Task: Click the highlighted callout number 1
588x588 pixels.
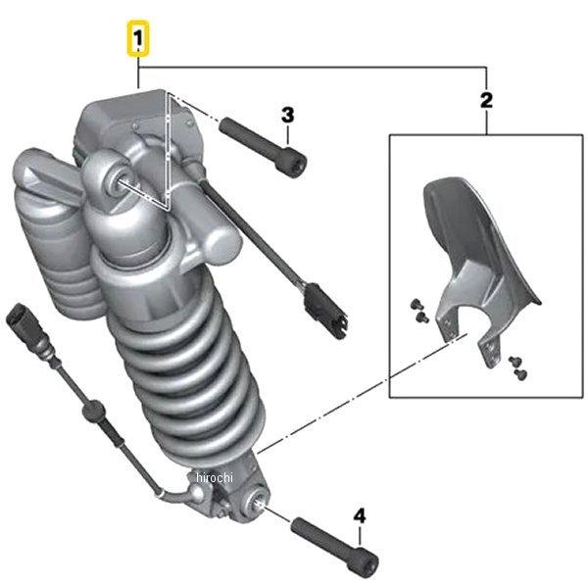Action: click(x=138, y=38)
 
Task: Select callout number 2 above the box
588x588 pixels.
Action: click(x=486, y=101)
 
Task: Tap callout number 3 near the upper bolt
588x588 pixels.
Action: click(x=287, y=115)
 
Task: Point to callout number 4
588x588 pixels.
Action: click(x=360, y=516)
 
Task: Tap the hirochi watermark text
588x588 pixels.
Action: click(x=215, y=477)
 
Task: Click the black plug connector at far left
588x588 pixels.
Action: click(x=24, y=323)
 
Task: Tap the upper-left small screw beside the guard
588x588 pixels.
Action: click(x=416, y=304)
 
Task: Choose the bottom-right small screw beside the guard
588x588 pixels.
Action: click(x=521, y=373)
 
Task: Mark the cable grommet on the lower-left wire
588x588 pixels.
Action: click(x=93, y=409)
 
